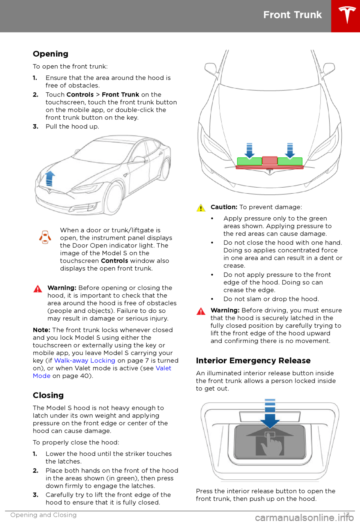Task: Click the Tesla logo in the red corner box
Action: point(347,15)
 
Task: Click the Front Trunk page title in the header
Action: point(292,15)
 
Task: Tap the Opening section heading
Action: point(51,54)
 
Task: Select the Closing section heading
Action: point(48,395)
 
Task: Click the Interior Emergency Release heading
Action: point(253,361)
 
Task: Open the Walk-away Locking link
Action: point(85,361)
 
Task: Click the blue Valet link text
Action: point(163,368)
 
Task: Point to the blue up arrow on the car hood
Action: point(49,178)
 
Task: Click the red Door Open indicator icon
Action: point(45,237)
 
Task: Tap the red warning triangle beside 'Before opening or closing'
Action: point(38,289)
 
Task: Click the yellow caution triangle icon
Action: point(201,208)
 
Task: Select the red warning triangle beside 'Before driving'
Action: point(201,311)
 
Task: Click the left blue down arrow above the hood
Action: point(249,150)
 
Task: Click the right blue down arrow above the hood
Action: point(290,150)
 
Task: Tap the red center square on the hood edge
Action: point(270,161)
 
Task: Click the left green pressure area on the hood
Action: point(249,161)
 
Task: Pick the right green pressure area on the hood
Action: point(290,161)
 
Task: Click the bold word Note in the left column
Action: point(41,330)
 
